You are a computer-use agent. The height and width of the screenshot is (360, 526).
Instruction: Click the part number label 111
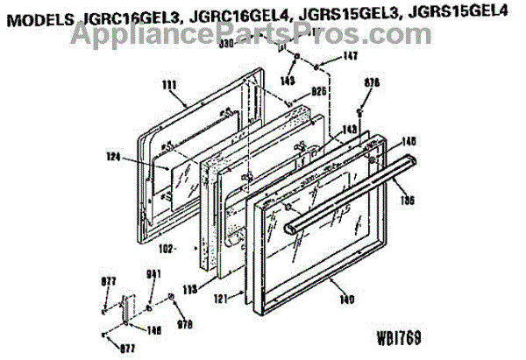coord(169,85)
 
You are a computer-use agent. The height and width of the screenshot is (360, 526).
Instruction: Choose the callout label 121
coord(224,299)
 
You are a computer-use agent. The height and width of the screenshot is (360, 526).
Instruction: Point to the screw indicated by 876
coord(361,111)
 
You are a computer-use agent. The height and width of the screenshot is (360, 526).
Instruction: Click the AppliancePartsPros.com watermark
coord(263,35)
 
